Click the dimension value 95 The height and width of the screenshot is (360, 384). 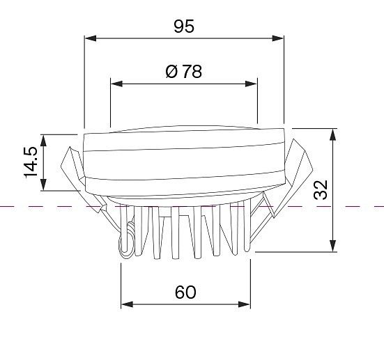tap(184, 26)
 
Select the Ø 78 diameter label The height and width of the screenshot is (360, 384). tap(184, 72)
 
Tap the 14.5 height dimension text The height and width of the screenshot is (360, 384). tap(31, 162)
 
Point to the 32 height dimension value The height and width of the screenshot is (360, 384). tap(321, 189)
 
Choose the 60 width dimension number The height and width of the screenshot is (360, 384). tap(185, 292)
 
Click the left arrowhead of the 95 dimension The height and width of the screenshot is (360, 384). tap(91, 38)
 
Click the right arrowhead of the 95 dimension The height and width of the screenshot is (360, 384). tap(277, 38)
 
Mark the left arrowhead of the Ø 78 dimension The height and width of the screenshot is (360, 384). tap(116, 84)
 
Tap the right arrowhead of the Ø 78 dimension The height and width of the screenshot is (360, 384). tap(251, 84)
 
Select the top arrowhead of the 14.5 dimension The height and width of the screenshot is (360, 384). tap(43, 141)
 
